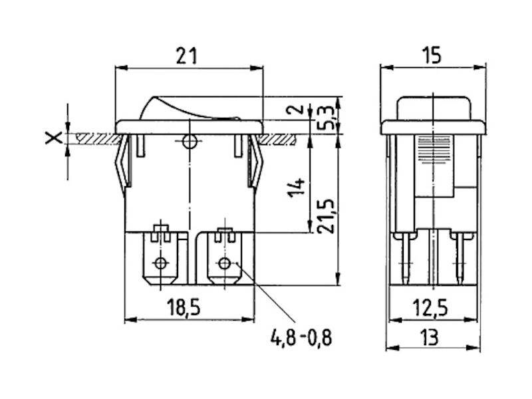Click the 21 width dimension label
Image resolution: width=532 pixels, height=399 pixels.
click(x=186, y=56)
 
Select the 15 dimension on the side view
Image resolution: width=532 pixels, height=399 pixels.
click(x=431, y=55)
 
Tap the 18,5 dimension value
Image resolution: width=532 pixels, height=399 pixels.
click(x=184, y=307)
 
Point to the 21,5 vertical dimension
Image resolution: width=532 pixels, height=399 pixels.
click(x=326, y=216)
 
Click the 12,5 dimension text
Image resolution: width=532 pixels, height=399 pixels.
click(x=430, y=307)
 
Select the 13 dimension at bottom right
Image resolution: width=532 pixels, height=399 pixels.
click(x=429, y=337)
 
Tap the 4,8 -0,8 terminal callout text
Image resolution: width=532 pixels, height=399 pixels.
click(x=301, y=338)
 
